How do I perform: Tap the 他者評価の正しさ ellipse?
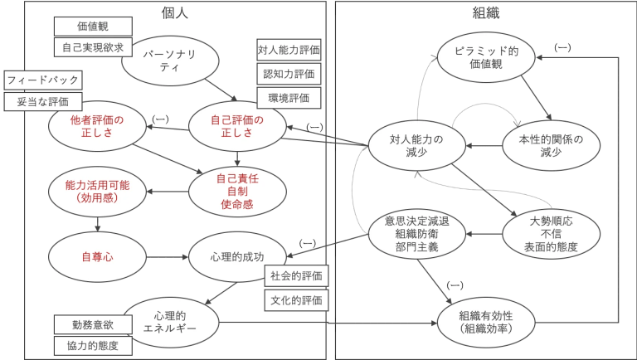[97, 127]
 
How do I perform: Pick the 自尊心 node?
[97, 257]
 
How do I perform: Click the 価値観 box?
[93, 26]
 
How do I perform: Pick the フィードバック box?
[43, 80]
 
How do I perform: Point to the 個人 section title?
[173, 12]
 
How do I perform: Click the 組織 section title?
[486, 12]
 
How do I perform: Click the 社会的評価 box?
[296, 275]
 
